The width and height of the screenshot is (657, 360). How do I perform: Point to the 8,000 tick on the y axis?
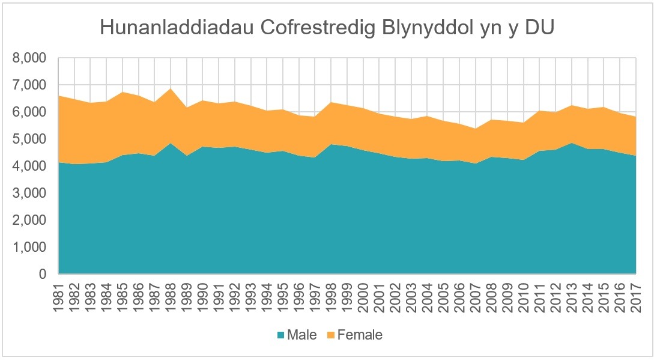[29, 59]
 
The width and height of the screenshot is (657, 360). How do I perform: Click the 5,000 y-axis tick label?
[29, 139]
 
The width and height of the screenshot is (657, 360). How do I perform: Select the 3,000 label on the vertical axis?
[29, 194]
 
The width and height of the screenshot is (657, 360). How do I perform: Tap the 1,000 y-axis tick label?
[29, 248]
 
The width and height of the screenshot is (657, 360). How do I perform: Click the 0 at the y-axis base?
[42, 275]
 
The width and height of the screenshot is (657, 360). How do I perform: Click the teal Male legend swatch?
[280, 335]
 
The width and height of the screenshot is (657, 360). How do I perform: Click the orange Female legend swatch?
[330, 335]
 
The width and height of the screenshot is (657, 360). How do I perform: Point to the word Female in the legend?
[360, 335]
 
